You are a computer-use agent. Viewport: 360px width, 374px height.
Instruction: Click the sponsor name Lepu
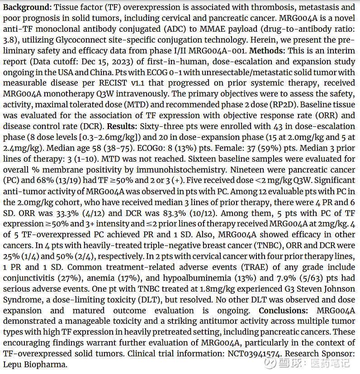14,364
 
